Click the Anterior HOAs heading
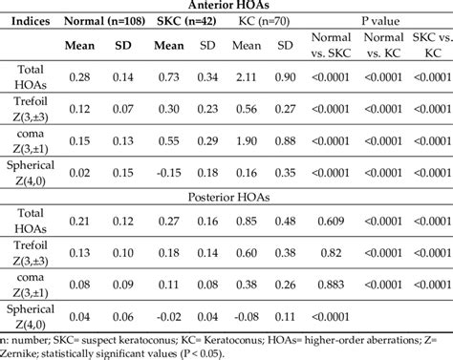coord(226,6)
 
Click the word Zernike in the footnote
coord(26,352)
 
